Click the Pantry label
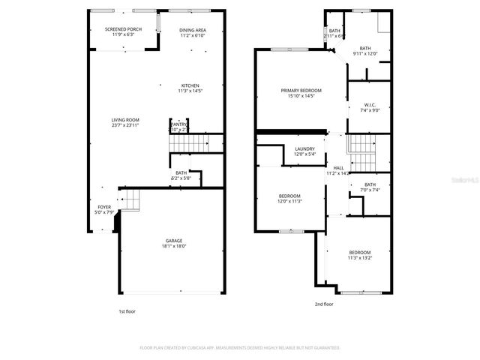(178, 124)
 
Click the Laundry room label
(304, 149)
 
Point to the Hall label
(338, 167)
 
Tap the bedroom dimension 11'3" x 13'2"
(359, 257)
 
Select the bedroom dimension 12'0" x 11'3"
(289, 201)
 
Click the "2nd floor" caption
(325, 304)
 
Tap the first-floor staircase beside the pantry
(196, 144)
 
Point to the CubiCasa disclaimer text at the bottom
(240, 348)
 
